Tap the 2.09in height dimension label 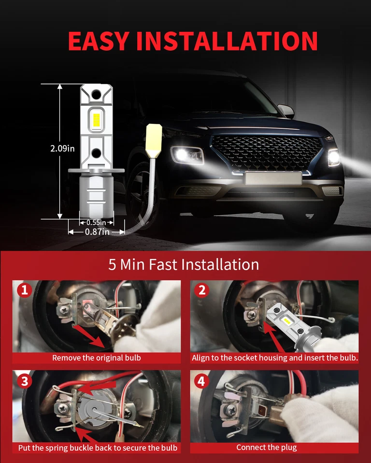coord(62,149)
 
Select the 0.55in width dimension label coord(96,222)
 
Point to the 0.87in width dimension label coord(97,232)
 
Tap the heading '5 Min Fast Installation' coord(184,264)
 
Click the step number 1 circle coord(24,290)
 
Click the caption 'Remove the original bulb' coord(97,358)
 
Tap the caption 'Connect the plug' coord(267,448)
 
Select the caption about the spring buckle coord(98,448)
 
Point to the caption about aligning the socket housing coord(274,358)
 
